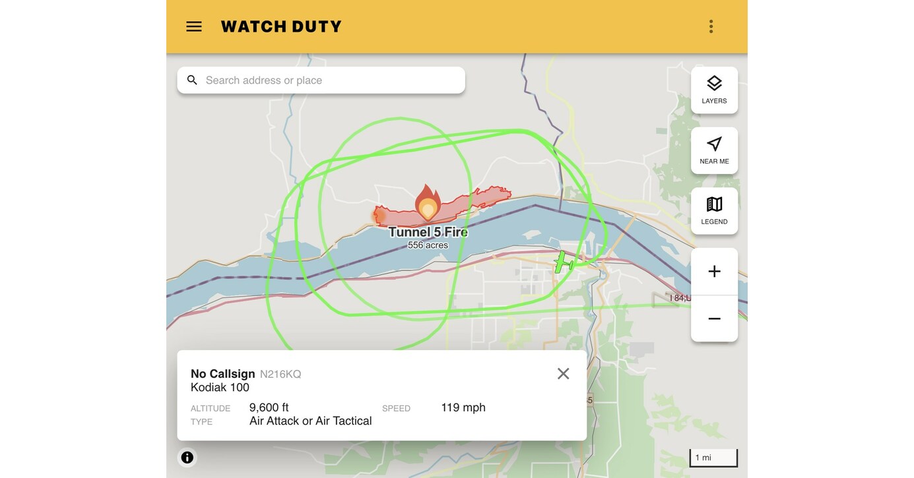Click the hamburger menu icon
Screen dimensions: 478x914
tap(194, 26)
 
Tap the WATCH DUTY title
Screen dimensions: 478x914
tap(281, 26)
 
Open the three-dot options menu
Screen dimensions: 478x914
tap(711, 26)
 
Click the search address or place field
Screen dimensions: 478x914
tap(330, 80)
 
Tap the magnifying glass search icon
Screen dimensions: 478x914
tap(192, 80)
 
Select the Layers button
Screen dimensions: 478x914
tap(714, 90)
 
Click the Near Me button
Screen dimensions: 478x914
tap(714, 150)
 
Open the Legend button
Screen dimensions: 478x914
tap(714, 211)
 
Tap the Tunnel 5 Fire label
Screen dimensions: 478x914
tap(428, 232)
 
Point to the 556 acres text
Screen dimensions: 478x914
tap(428, 245)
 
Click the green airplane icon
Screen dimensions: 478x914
tap(563, 262)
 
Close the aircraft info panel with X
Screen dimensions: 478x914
tap(563, 374)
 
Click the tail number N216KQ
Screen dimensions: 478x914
tap(280, 374)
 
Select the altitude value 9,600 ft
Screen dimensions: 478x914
tap(269, 407)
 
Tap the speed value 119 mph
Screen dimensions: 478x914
tap(463, 407)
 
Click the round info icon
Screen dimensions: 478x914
tap(187, 457)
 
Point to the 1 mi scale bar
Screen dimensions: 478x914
tap(713, 458)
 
